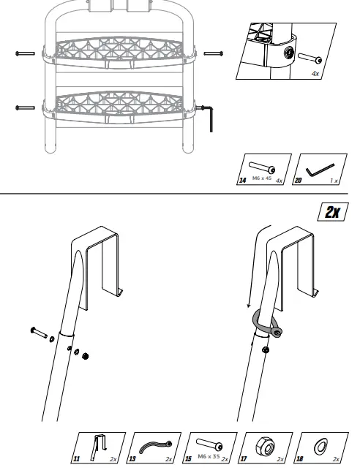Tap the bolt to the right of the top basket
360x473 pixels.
coord(213,53)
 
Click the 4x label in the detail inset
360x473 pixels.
coord(314,73)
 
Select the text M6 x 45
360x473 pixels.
coord(262,178)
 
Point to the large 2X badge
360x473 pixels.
coord(334,212)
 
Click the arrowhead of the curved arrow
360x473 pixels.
coord(249,306)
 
